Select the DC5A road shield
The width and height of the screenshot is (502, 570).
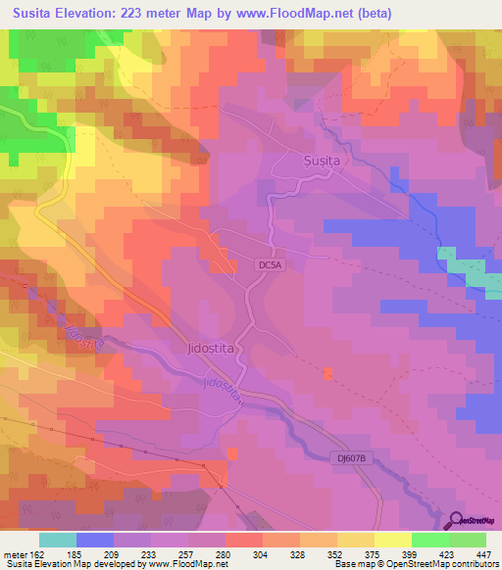pos(272,263)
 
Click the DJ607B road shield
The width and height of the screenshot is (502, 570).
pos(347,457)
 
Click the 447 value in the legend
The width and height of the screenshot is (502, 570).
pos(484,553)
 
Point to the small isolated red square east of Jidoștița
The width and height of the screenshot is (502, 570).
pos(328,373)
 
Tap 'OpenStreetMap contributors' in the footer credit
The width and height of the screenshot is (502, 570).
pos(448,565)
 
